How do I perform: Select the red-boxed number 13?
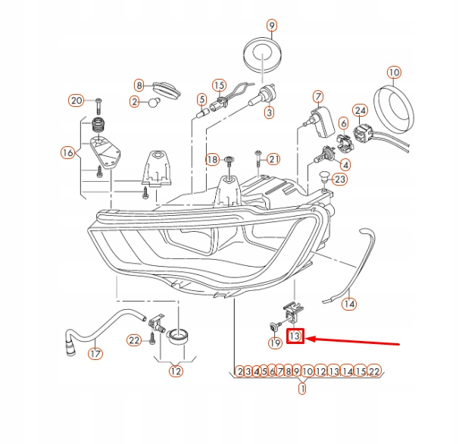[x=295, y=335]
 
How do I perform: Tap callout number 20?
[x=76, y=101]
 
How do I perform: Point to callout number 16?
[x=67, y=153]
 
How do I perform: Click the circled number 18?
[x=212, y=159]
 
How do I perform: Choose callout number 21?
[x=273, y=158]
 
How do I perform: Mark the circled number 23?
[x=339, y=180]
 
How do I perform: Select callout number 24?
[x=361, y=111]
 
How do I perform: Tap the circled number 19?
[x=275, y=343]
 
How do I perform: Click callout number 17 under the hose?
[x=95, y=353]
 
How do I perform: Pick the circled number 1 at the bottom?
[x=302, y=389]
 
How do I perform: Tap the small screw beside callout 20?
[x=98, y=101]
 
